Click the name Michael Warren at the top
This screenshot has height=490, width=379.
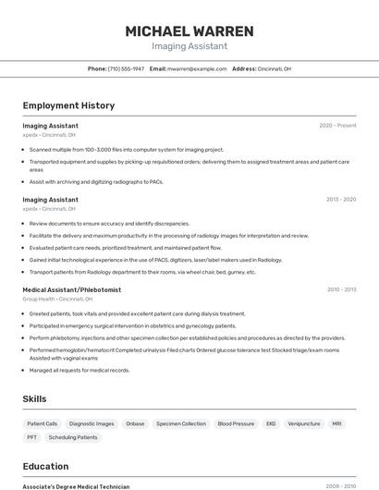189,31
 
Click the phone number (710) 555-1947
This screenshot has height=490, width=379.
126,68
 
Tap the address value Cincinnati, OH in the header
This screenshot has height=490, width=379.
274,68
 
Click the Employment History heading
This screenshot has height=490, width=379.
68,105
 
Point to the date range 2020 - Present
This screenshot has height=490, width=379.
337,125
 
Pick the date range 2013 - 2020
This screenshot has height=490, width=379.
340,200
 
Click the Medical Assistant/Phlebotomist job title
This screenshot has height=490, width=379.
72,289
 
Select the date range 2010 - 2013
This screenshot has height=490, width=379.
341,289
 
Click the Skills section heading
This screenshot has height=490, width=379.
35,398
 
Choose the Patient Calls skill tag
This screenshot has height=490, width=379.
42,423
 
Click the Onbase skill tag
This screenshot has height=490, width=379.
135,423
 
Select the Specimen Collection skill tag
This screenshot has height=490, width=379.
181,423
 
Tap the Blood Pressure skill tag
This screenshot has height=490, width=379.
236,423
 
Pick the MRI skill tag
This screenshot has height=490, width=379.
336,423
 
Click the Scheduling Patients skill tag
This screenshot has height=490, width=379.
73,437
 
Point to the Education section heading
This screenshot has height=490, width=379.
45,466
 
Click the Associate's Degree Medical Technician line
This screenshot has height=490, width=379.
76,485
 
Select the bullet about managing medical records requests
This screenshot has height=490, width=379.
79,371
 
